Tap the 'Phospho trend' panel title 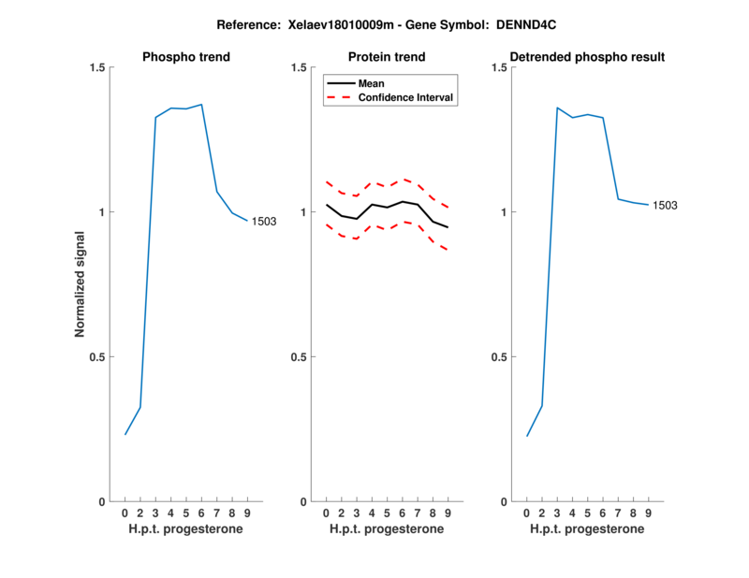tap(186, 57)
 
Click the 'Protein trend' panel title tap(387, 57)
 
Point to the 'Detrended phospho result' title tap(588, 57)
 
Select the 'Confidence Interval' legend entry tap(407, 97)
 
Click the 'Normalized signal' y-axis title tap(81, 284)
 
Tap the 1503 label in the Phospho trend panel tap(264, 222)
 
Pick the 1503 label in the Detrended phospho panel tap(666, 206)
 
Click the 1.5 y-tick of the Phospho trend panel tap(95, 67)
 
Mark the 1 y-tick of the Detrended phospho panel tap(505, 212)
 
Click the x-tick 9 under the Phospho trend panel tap(247, 513)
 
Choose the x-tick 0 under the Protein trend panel tap(326, 513)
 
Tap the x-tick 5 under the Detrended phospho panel tap(588, 513)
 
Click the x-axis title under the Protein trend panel tap(387, 528)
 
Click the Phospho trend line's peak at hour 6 tap(201, 105)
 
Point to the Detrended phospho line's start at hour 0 tap(527, 436)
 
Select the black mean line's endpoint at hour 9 tap(448, 227)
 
